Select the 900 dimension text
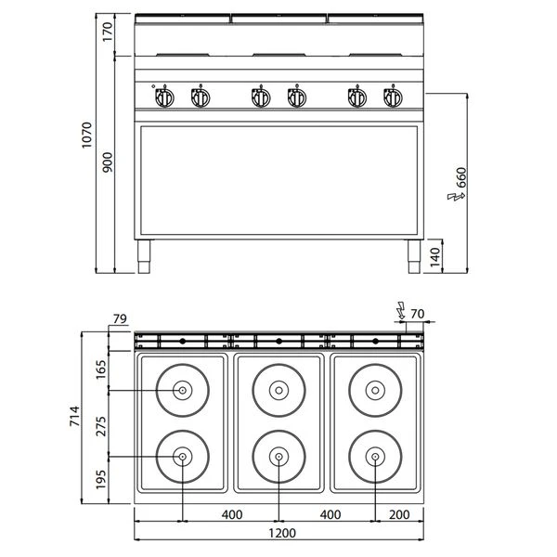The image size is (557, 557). point(107,163)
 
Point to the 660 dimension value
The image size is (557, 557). point(461,178)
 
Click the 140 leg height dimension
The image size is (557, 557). point(435,255)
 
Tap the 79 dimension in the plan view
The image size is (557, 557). point(118,320)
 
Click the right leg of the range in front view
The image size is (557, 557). point(409,257)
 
